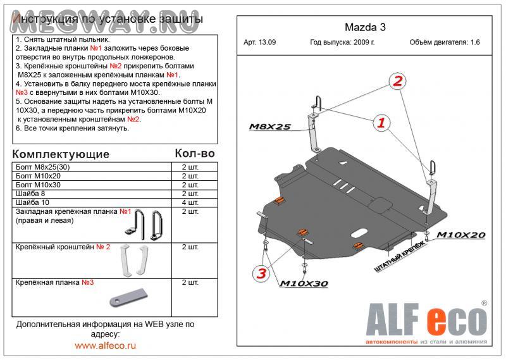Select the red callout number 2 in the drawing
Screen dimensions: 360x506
pos(397,81)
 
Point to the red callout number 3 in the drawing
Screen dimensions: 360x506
pos(261,273)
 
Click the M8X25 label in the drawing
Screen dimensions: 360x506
pos(269,127)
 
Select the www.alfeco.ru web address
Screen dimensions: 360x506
pos(105,345)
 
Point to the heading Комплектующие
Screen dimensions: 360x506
pos(61,154)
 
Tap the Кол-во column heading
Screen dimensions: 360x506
pos(194,154)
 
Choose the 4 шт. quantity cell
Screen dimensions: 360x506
pos(190,202)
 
